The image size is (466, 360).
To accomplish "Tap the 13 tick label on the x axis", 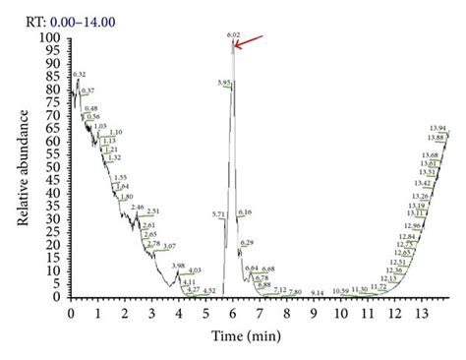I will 422,312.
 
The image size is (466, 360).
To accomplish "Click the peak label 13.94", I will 438,128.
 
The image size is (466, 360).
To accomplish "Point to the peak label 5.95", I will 224,83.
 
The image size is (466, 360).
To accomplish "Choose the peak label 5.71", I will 218,213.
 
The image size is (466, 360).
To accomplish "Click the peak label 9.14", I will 317,293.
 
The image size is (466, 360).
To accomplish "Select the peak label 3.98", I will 177,266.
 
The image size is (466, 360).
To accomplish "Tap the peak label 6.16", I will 246,212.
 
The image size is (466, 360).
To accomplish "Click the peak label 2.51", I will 152,211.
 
